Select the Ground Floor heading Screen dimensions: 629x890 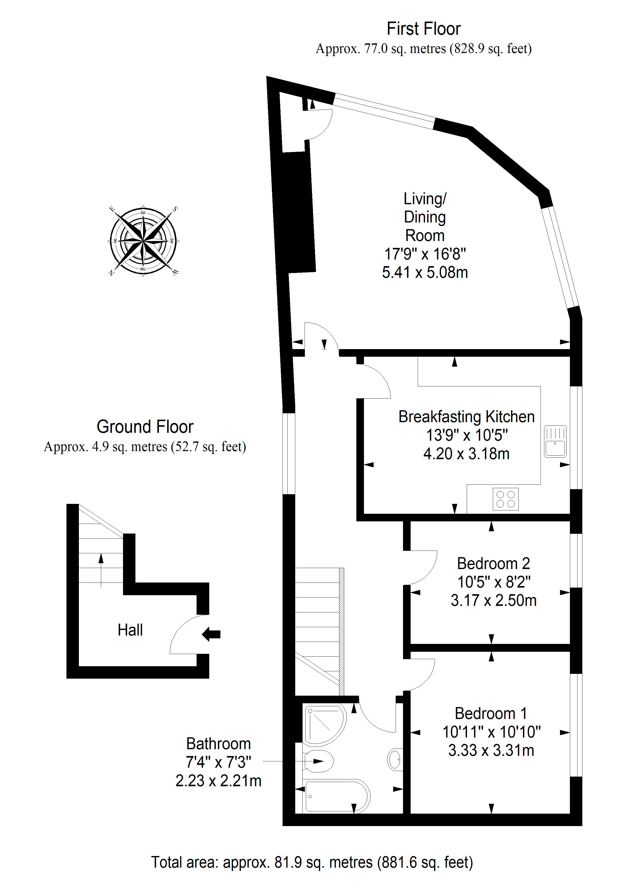click(x=145, y=426)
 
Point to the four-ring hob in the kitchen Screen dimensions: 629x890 click(x=505, y=499)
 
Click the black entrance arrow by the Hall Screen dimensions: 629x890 click(x=211, y=635)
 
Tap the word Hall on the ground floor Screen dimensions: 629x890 click(x=130, y=630)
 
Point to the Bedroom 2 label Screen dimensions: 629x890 click(x=493, y=564)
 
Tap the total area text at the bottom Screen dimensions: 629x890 click(x=312, y=863)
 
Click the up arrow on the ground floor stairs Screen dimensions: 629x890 click(x=101, y=570)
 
